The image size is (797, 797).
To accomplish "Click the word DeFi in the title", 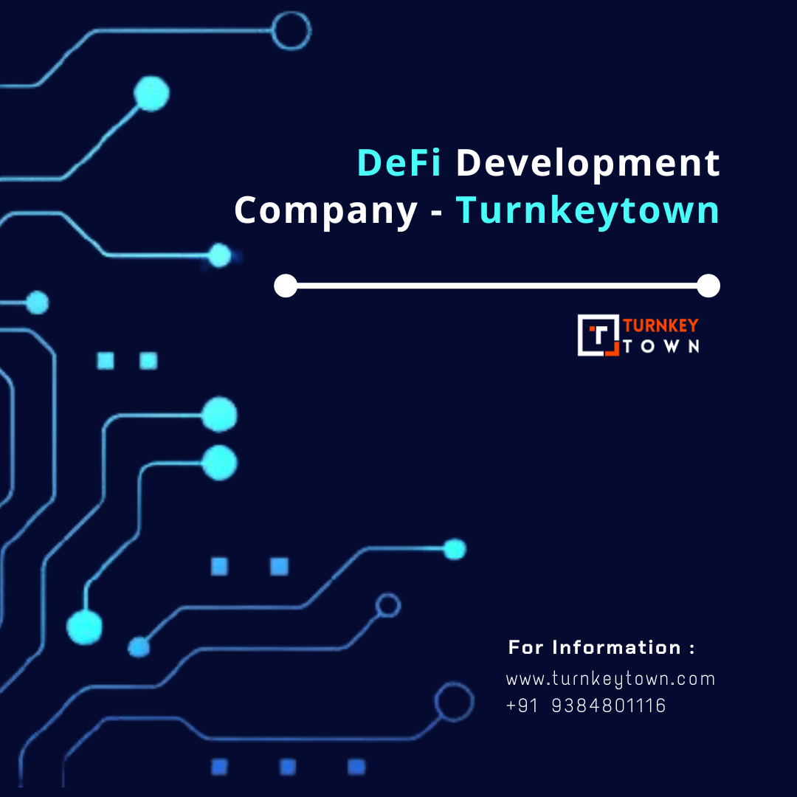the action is tap(399, 162).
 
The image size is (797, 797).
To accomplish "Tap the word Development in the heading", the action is tap(587, 164).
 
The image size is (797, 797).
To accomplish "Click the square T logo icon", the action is tap(598, 335).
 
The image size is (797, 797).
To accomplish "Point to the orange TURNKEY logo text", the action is tap(660, 325).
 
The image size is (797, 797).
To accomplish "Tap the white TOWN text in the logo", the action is tap(660, 347).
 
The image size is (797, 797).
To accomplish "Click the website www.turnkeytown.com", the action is tap(610, 680).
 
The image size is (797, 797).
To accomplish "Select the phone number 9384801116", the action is tap(608, 705).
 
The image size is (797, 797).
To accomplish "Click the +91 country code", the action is tap(522, 705).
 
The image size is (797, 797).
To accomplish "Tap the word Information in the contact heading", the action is tap(616, 647).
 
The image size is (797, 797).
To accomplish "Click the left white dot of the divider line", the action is tap(286, 286).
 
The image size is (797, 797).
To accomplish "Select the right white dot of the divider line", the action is tap(708, 286).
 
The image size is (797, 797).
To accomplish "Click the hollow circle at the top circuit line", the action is tap(291, 13).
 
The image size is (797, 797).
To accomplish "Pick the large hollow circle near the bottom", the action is tap(455, 683).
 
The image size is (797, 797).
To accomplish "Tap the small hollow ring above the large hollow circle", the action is tap(388, 594).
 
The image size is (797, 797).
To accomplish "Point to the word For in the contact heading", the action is tap(526, 647).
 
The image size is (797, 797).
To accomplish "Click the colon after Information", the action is tap(691, 649).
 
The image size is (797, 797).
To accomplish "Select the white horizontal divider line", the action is tap(497, 286).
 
